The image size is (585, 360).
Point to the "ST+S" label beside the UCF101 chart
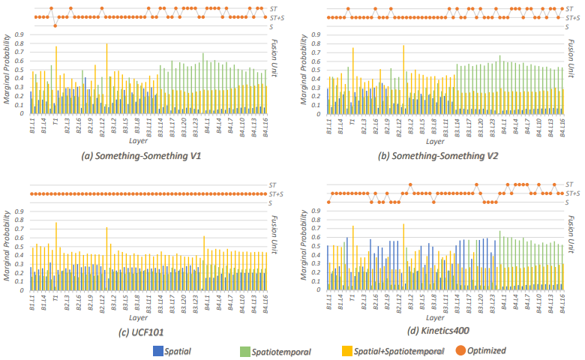point(275,193)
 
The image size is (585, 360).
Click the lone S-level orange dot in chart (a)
point(55,25)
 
